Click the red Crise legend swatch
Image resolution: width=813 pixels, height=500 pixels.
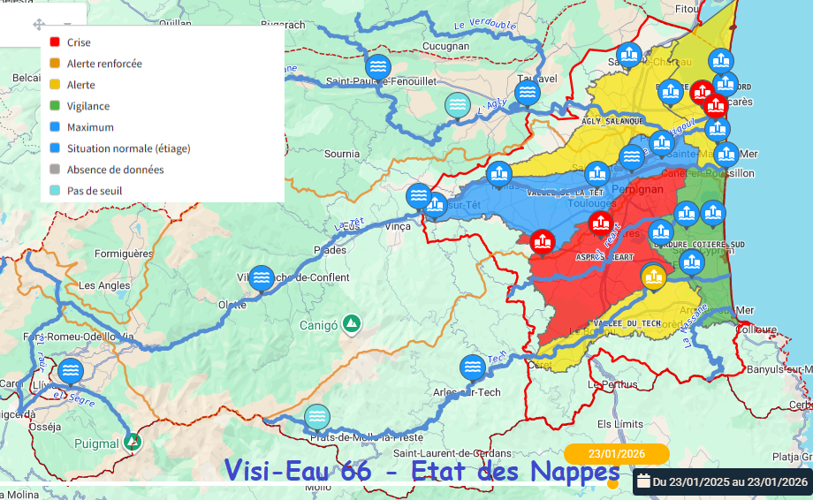tap(55, 42)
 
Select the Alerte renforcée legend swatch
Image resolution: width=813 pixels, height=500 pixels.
tap(55, 64)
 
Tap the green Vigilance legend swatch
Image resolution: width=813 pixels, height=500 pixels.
tap(55, 106)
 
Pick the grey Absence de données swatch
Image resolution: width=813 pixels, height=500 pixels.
tap(55, 170)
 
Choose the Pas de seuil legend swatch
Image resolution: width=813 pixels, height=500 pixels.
tap(55, 191)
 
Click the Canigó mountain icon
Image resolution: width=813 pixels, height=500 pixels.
tap(352, 323)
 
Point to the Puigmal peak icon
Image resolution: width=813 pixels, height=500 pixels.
tap(133, 441)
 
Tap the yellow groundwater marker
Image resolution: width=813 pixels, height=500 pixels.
tap(654, 277)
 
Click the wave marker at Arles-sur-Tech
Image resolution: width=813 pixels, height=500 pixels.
tap(473, 367)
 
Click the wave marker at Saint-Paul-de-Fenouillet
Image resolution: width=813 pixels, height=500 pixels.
tap(377, 65)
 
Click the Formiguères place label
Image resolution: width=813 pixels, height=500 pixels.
tap(124, 254)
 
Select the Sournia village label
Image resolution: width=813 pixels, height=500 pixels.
tap(342, 154)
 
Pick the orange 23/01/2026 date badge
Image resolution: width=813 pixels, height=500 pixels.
tap(617, 453)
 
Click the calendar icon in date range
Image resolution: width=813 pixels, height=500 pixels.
tap(643, 481)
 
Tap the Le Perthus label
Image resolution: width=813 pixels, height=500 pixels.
tap(612, 384)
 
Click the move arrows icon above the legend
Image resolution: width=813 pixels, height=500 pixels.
tap(38, 25)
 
